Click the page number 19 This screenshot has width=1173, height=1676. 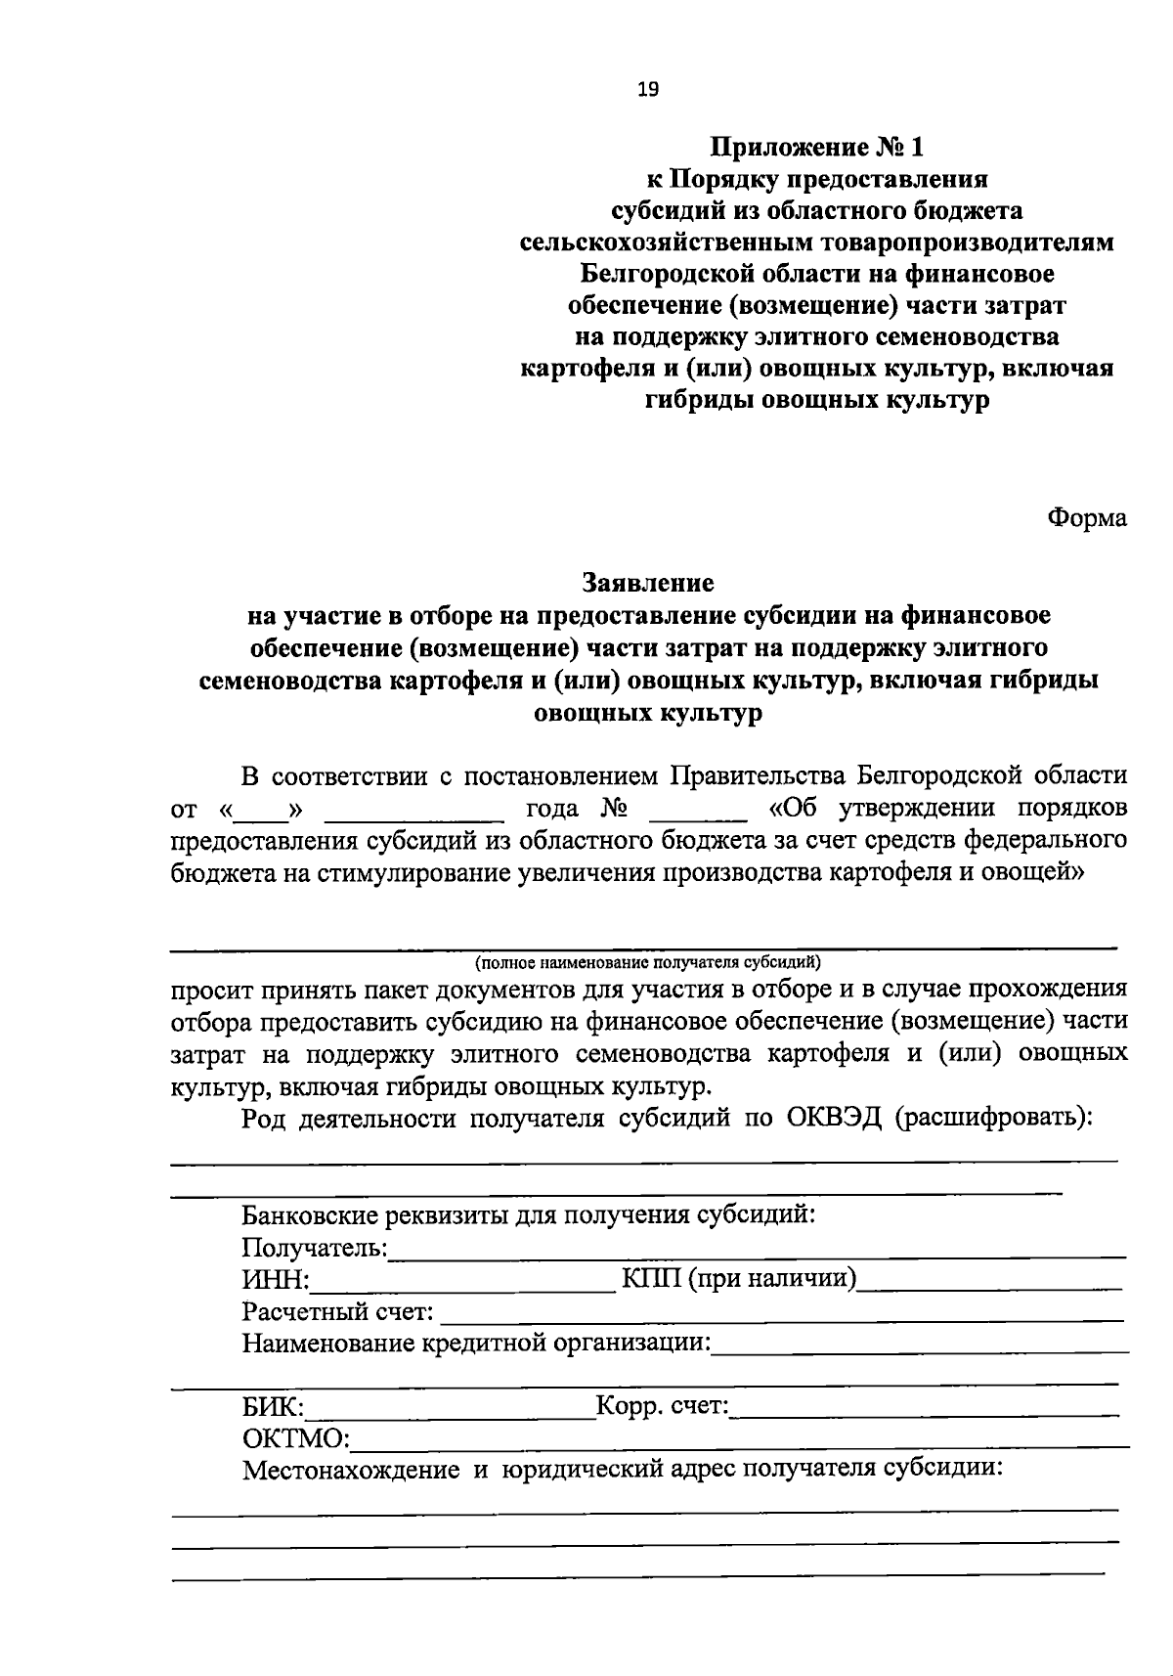pos(648,90)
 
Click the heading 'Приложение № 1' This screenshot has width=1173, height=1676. pos(816,148)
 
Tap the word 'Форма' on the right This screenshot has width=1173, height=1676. pos(1087,517)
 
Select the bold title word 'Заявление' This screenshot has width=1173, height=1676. pos(648,583)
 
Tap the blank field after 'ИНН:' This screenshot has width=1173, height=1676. pos(461,1283)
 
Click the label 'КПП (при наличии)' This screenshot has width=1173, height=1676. pos(739,1278)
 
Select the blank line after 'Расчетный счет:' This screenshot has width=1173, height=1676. pos(782,1315)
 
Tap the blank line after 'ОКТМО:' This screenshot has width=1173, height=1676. pos(738,1442)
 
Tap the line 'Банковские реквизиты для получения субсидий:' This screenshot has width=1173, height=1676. pos(529,1215)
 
